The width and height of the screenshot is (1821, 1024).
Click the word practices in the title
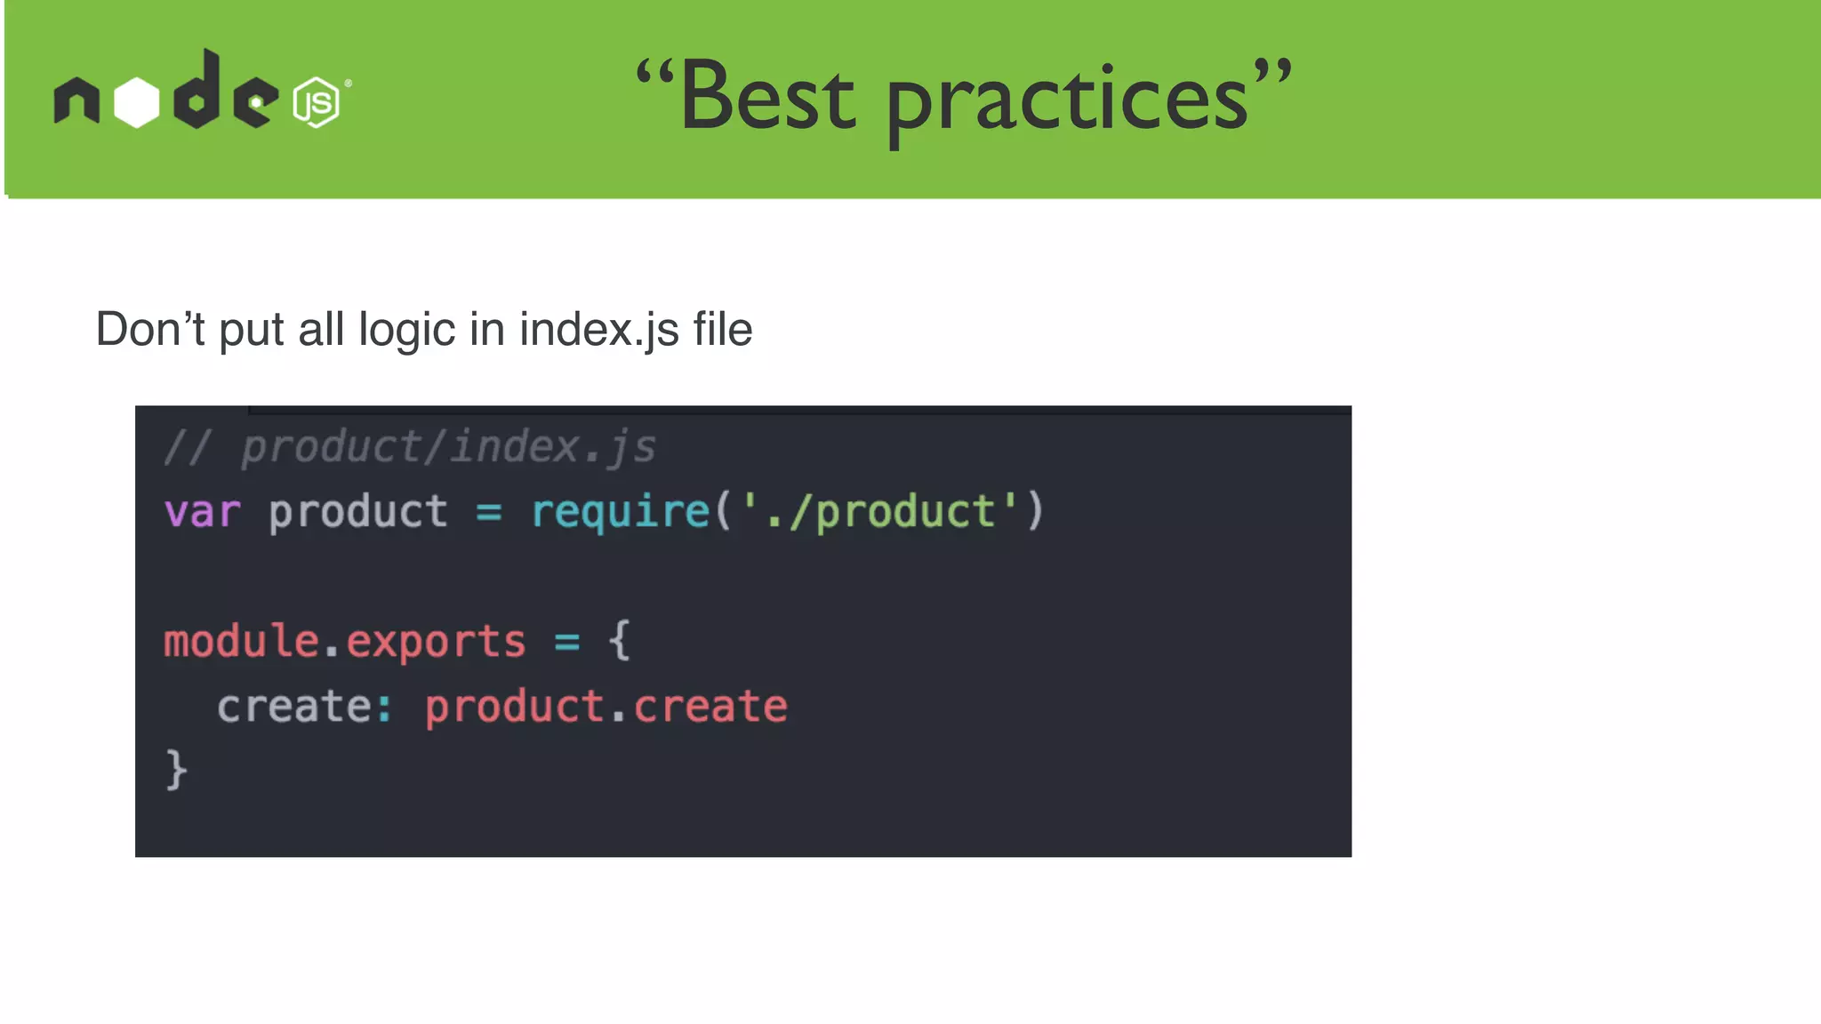click(1068, 102)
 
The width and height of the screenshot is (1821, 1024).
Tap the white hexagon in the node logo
click(137, 102)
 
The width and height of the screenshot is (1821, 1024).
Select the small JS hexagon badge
click(317, 102)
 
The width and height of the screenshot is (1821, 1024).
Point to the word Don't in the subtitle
click(150, 330)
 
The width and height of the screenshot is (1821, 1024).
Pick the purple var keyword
click(203, 513)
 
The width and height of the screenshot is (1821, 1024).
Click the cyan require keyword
click(621, 513)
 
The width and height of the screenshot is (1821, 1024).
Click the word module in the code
click(241, 642)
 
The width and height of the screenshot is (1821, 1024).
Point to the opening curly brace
click(620, 641)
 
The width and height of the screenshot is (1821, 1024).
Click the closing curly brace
click(176, 770)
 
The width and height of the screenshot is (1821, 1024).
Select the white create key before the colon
click(294, 708)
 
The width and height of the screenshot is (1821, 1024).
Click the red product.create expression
click(606, 708)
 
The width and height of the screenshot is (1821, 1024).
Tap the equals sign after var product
click(489, 513)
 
